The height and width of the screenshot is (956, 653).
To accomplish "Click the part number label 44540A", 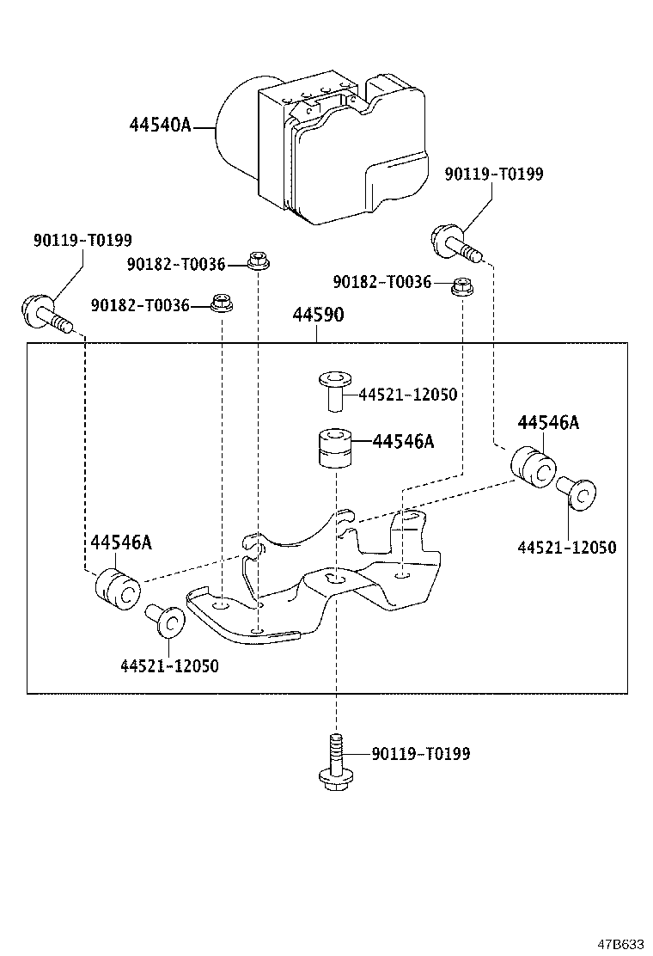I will [160, 125].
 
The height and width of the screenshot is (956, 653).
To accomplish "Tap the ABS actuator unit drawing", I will [326, 146].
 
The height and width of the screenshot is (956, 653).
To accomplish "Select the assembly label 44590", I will [318, 316].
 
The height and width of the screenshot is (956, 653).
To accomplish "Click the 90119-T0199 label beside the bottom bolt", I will [421, 754].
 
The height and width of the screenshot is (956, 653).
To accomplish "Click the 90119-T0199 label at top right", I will [494, 175].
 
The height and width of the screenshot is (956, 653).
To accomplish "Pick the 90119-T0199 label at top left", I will [83, 241].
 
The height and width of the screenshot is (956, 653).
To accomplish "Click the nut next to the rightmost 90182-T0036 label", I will [462, 284].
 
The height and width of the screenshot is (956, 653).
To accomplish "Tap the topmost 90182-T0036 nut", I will [256, 259].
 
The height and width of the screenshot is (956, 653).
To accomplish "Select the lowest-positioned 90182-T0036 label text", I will [141, 304].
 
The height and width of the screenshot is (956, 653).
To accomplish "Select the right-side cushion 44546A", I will [534, 465].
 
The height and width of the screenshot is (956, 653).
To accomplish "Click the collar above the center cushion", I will [335, 389].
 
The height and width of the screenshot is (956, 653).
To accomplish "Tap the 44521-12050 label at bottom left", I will [169, 666].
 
